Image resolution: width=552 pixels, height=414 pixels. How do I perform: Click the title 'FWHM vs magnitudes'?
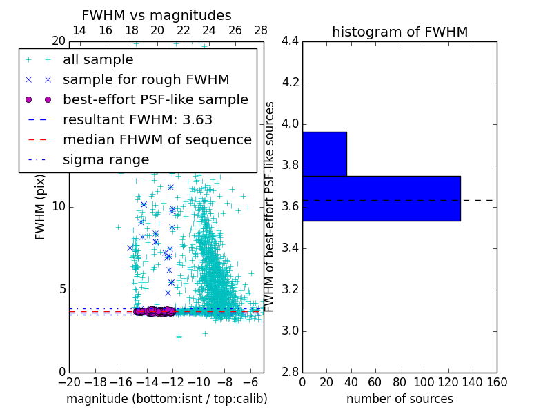click(156, 16)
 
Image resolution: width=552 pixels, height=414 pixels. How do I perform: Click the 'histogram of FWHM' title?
click(400, 32)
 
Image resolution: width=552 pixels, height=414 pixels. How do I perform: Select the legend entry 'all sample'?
click(98, 60)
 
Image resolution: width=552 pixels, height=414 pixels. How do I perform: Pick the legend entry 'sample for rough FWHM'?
click(146, 80)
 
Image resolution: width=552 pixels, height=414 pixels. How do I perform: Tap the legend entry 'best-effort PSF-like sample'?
click(155, 100)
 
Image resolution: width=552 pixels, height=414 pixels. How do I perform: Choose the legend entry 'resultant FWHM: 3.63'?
click(137, 120)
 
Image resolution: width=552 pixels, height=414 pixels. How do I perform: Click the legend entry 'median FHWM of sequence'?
click(157, 140)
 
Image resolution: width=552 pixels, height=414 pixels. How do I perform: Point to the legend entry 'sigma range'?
click(106, 160)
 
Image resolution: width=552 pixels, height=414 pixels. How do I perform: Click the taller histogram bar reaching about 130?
click(381, 199)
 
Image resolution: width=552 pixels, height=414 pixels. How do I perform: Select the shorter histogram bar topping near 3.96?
click(324, 154)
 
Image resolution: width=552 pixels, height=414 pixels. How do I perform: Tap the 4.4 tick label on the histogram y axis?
click(290, 41)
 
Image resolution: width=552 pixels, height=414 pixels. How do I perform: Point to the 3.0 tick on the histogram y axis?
click(290, 331)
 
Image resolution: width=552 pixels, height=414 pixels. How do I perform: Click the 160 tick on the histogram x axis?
click(497, 382)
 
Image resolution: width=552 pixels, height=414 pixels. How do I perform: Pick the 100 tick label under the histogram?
click(424, 382)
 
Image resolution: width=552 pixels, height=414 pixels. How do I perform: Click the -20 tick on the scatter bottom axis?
click(69, 382)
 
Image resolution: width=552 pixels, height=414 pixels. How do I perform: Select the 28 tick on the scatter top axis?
click(261, 30)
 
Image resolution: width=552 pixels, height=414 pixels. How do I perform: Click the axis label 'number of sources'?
click(400, 399)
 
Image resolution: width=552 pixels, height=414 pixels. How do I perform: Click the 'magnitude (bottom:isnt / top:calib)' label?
click(166, 399)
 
